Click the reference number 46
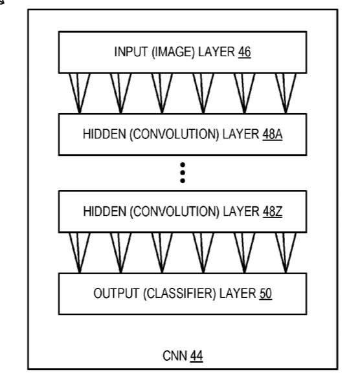click(x=244, y=52)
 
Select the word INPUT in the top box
click(x=131, y=52)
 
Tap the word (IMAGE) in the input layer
click(x=173, y=52)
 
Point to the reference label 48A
click(x=273, y=134)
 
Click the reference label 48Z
click(x=273, y=211)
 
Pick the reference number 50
click(x=265, y=294)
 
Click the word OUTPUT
click(x=117, y=294)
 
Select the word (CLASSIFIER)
click(x=179, y=294)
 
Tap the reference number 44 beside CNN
click(x=196, y=356)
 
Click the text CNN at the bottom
click(x=175, y=356)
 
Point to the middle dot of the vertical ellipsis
click(x=183, y=173)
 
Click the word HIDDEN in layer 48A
click(x=104, y=134)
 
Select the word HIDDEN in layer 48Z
click(x=104, y=211)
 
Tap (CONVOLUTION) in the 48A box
click(x=174, y=135)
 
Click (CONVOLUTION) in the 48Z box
click(x=174, y=211)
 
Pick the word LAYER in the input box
click(x=216, y=52)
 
